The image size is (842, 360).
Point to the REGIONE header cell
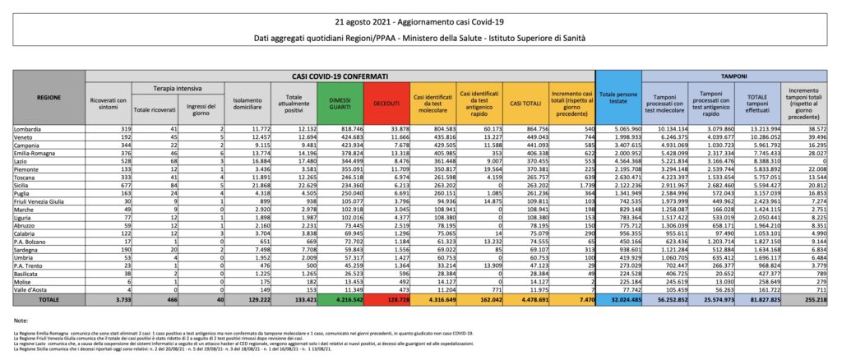48,97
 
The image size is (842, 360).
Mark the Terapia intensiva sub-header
169,86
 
